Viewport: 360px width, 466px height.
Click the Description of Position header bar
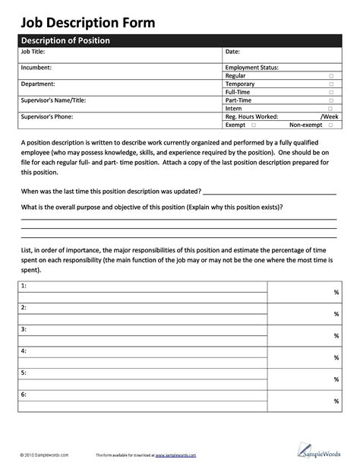pyautogui.click(x=65, y=40)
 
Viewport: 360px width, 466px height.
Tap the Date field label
pyautogui.click(x=232, y=52)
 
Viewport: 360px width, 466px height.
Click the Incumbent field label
pyautogui.click(x=37, y=68)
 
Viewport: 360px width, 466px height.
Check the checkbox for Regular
pyautogui.click(x=331, y=76)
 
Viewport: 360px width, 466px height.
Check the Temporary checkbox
pyautogui.click(x=331, y=84)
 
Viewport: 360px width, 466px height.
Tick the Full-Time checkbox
pyautogui.click(x=331, y=92)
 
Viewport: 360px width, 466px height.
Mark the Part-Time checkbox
pyautogui.click(x=331, y=100)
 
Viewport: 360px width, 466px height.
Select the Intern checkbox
pyautogui.click(x=331, y=109)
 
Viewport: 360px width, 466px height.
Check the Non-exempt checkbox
pyautogui.click(x=331, y=125)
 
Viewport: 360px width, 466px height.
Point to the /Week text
pyautogui.click(x=330, y=116)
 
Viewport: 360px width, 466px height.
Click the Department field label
pyautogui.click(x=38, y=84)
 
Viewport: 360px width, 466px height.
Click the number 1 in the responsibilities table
pyautogui.click(x=24, y=286)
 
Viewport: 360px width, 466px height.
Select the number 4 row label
pyautogui.click(x=24, y=351)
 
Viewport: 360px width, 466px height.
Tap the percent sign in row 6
pyautogui.click(x=336, y=401)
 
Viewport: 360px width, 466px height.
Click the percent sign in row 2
pyautogui.click(x=336, y=313)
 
